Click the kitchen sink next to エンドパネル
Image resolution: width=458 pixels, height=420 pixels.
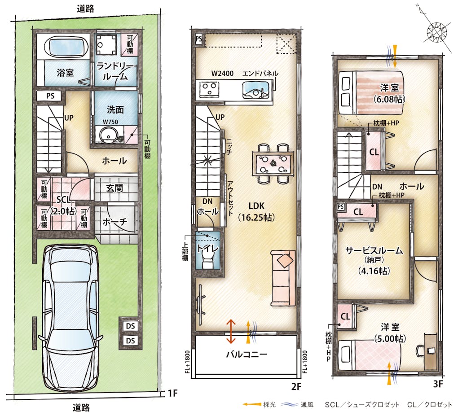point(255,90)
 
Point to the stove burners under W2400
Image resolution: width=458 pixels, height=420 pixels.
point(210,89)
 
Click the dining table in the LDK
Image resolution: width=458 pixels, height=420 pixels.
point(273,164)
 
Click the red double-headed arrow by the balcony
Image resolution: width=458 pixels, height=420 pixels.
point(231,331)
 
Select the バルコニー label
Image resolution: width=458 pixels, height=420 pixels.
point(247,354)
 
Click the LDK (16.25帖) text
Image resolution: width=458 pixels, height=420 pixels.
point(256,211)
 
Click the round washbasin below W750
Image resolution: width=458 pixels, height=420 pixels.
point(108,135)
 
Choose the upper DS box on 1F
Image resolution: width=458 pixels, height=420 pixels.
point(130,326)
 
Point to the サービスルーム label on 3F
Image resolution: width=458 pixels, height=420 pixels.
point(374,250)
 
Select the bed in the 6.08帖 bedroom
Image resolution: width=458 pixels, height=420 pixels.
point(371,93)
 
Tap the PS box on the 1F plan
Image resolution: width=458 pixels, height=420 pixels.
point(50,96)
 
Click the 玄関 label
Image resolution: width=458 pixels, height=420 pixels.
point(114,188)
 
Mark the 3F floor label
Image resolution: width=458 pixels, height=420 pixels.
point(438,384)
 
